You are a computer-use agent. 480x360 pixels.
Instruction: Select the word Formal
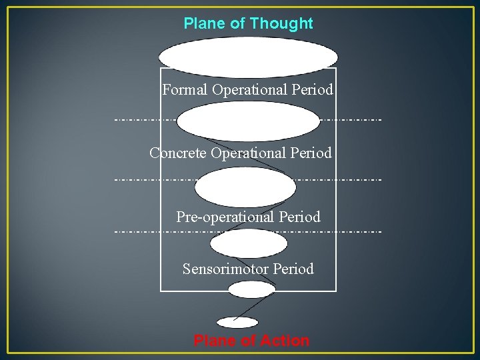[185, 89]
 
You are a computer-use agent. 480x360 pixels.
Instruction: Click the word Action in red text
[284, 341]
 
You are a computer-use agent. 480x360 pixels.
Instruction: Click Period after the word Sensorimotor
[292, 269]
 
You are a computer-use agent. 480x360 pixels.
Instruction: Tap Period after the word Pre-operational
[299, 217]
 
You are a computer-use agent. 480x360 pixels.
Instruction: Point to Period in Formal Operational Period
[312, 89]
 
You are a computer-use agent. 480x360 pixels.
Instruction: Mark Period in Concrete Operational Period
[310, 153]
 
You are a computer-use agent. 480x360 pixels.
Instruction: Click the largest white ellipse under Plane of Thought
[248, 56]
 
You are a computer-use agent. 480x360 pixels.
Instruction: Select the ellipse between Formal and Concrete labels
[248, 121]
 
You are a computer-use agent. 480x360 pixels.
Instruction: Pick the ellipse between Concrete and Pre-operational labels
[245, 186]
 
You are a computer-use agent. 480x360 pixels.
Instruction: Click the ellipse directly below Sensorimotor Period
[251, 289]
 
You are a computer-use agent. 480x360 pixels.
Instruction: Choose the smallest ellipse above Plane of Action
[237, 323]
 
